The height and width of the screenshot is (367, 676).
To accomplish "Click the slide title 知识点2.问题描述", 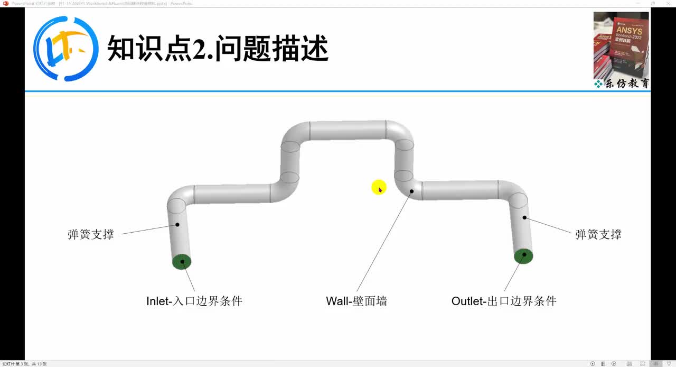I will click(218, 49).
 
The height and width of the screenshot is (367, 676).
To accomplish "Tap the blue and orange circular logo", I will click(66, 49).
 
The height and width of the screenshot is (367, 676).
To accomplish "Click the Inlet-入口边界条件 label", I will click(194, 301).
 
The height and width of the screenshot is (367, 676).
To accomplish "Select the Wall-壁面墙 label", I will click(356, 301).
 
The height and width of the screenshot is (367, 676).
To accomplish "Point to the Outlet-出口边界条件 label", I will click(504, 301).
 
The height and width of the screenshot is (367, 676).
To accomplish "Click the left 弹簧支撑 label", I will click(91, 234).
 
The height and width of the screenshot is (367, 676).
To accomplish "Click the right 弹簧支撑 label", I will click(598, 234).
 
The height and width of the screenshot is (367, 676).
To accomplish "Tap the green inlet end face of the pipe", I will click(182, 262).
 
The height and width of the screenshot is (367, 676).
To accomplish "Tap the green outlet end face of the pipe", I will click(524, 256).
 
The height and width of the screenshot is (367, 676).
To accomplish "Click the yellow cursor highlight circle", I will click(379, 187).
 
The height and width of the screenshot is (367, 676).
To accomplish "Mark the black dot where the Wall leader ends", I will click(411, 191).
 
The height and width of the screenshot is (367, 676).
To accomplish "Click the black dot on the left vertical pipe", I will click(177, 225).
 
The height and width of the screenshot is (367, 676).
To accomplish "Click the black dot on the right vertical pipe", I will click(524, 217).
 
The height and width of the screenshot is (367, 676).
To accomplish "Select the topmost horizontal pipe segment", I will click(348, 131).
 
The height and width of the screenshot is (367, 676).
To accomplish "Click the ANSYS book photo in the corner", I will click(621, 45).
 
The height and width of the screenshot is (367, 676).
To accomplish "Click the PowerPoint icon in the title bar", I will click(6, 3).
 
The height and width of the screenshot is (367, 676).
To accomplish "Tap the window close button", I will click(668, 3).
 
